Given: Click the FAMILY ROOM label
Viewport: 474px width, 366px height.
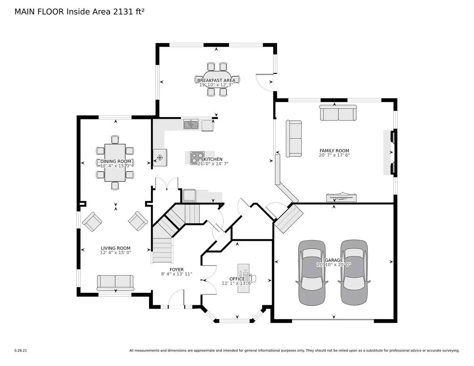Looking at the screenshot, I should [x=334, y=150].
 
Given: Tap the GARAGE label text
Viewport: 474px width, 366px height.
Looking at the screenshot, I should [x=334, y=260].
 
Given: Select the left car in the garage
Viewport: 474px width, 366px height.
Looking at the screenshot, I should [x=311, y=273].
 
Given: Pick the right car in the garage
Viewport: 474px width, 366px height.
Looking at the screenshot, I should [x=354, y=273].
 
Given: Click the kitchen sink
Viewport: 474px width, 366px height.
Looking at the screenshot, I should [x=190, y=124].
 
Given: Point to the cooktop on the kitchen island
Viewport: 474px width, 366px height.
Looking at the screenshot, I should [x=197, y=158].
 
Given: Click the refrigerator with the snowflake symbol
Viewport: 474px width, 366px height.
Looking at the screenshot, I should [x=160, y=158].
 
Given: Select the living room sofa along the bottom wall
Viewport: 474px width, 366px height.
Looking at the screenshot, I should [x=115, y=282].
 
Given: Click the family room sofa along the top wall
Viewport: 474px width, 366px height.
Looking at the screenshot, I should [x=338, y=113].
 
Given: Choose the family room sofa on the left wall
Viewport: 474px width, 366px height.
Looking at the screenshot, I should [x=294, y=138].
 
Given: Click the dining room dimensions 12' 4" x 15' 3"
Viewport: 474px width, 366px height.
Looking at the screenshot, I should [x=116, y=166].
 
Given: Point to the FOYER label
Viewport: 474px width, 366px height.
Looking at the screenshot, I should [x=177, y=269].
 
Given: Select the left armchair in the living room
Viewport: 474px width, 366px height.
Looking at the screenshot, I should [x=92, y=222].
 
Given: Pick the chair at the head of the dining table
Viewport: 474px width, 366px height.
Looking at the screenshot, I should [x=115, y=139].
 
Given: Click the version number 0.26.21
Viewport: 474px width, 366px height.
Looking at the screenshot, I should [x=21, y=350].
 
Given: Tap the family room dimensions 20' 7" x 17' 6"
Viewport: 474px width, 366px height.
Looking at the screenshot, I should [x=334, y=155].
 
